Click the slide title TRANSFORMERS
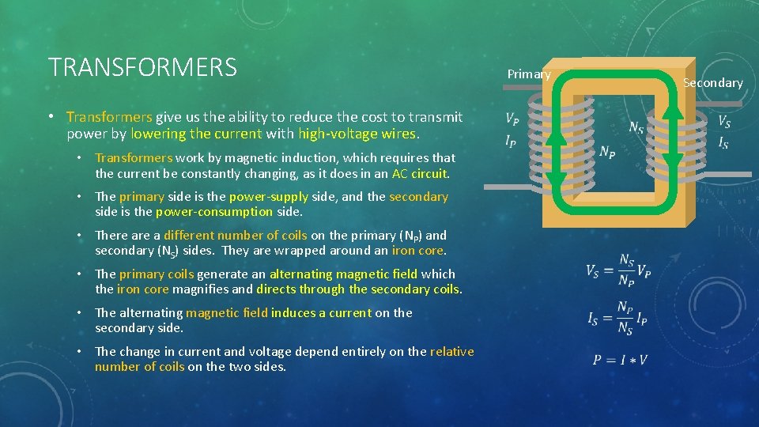coord(142,67)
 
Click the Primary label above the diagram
coord(529,74)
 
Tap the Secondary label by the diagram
coord(712,83)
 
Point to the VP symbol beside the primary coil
coord(512,120)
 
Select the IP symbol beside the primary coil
coord(512,141)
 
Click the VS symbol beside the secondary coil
coord(723,122)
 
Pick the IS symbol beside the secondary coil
coord(723,142)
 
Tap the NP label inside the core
coord(608,152)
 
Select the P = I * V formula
coord(621,360)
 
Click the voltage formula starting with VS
coord(618,270)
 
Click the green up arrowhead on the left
coord(557,136)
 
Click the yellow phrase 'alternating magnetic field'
coord(343,274)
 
